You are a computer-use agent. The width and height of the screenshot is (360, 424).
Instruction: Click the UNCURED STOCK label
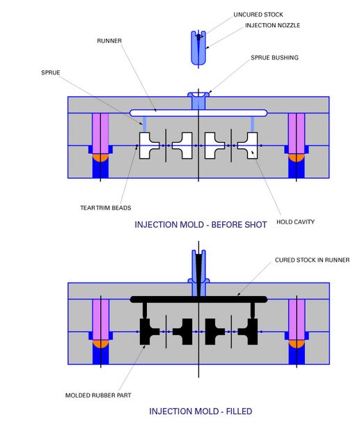coord(239,15)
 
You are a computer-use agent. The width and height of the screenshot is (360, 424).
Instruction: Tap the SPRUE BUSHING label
coord(274,58)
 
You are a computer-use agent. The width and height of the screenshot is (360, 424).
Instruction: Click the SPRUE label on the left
coord(51,72)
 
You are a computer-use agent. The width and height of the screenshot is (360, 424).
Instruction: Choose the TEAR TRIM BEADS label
coord(105,207)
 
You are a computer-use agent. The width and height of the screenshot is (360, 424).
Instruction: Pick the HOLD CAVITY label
coord(295,222)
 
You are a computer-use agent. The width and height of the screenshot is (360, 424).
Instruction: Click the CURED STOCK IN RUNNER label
coord(312,260)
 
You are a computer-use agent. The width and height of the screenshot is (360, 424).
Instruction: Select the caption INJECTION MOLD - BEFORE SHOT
coord(201,225)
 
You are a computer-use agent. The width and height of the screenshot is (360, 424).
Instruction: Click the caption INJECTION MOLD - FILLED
coord(201,411)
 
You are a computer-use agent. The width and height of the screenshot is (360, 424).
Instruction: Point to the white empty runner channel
coord(167,112)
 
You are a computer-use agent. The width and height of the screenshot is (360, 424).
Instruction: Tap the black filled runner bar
coord(167,299)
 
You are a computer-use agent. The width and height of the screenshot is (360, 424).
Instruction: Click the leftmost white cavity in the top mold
coord(149,146)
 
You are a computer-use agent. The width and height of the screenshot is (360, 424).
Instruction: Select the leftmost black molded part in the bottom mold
coord(149,332)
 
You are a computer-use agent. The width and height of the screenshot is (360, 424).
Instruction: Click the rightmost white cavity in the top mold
coord(248,146)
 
